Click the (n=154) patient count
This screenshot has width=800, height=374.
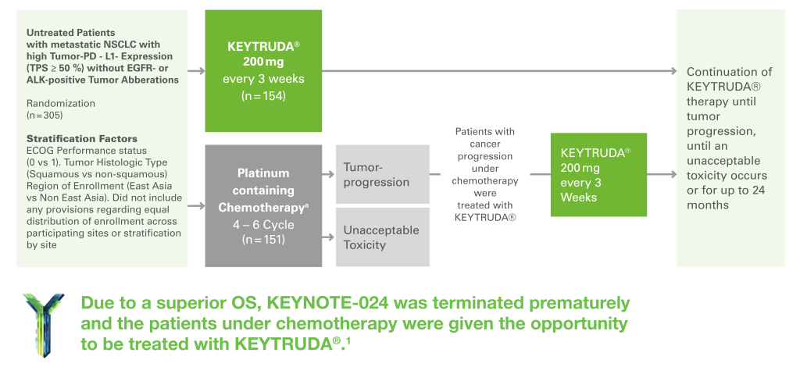pos(263,95)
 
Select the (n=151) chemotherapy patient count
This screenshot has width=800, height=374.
pos(263,240)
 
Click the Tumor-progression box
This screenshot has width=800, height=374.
pos(383,174)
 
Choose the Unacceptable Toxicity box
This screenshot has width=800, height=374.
pos(383,237)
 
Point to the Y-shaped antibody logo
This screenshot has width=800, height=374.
pos(44,325)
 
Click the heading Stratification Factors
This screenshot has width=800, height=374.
pos(81,139)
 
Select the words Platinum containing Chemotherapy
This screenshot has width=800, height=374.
pos(263,191)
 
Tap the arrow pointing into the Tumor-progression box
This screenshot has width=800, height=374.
pos(328,174)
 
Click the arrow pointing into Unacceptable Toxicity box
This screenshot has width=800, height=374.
pos(328,237)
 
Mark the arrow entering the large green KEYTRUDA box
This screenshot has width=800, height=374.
pos(196,71)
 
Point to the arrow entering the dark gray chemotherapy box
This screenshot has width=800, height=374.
pos(196,206)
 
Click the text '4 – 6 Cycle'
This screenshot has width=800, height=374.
pos(263,225)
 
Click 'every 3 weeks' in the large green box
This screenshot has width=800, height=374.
pos(263,79)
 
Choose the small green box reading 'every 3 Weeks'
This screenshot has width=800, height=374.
pos(598,174)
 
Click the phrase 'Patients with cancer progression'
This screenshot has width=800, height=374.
pos(484,144)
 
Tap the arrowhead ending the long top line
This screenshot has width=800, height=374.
pos(673,71)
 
